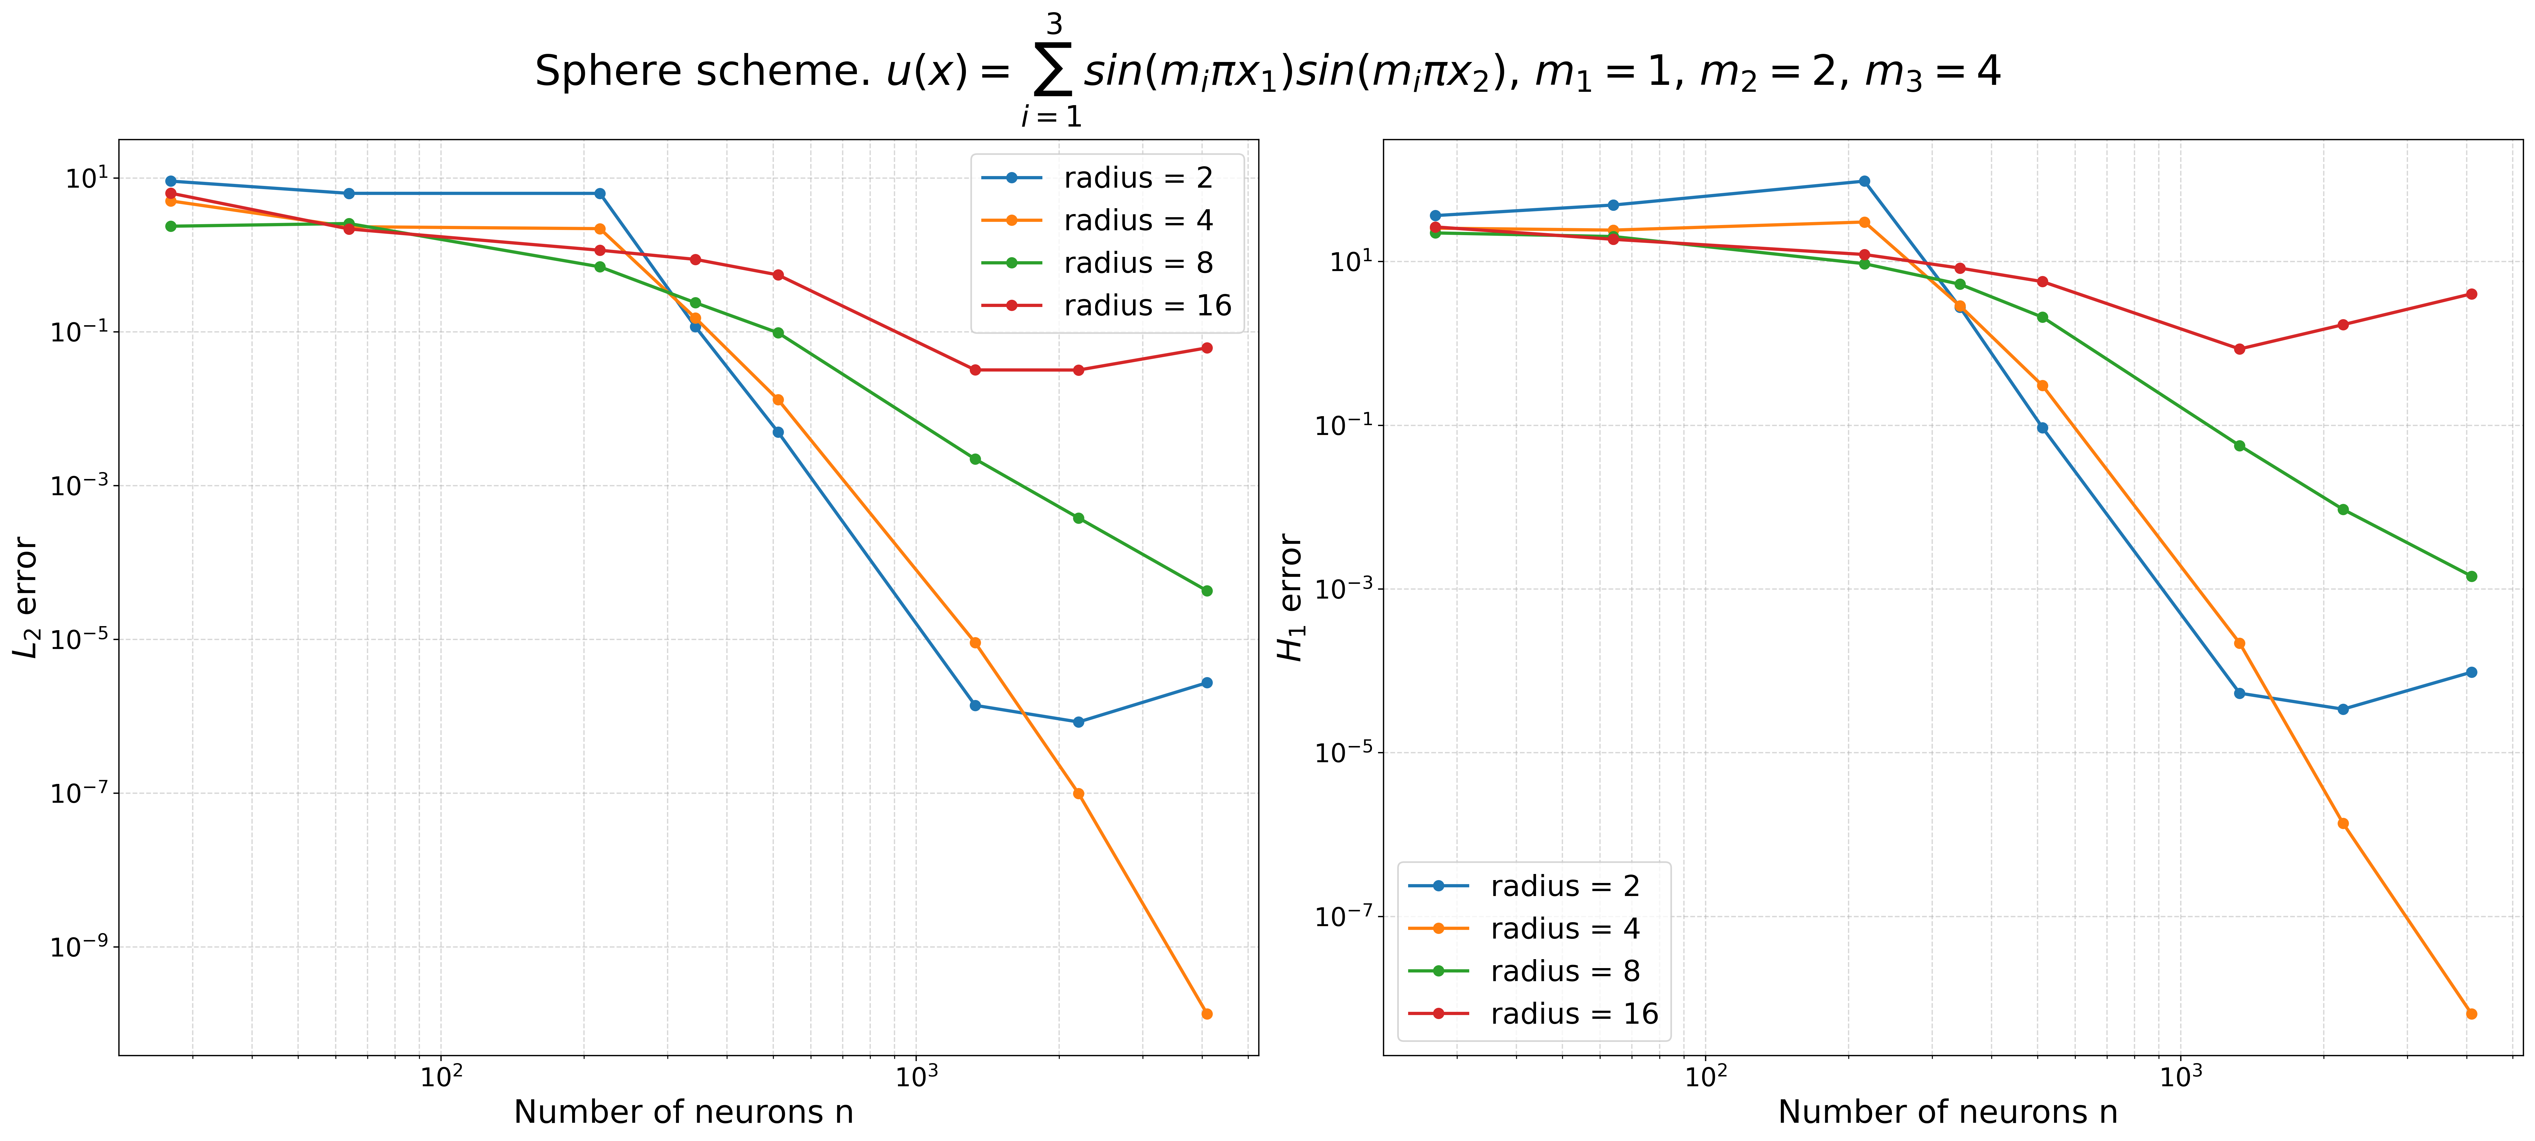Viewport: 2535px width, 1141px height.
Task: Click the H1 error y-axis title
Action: [x=1290, y=597]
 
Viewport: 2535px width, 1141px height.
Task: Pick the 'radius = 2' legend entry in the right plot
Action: [x=1564, y=886]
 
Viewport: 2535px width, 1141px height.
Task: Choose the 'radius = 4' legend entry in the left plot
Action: [x=1138, y=220]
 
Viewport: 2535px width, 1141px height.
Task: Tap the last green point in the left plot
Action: [x=1206, y=591]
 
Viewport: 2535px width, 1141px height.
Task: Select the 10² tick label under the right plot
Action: [x=1705, y=1077]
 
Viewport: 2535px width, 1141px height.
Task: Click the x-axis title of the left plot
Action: [x=683, y=1111]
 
